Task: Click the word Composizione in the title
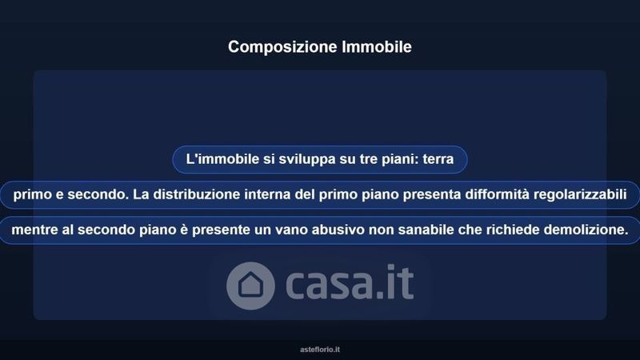282,47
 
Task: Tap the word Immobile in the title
377,46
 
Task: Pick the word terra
438,159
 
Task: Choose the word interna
267,194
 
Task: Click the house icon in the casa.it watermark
250,286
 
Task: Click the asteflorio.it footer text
320,350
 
